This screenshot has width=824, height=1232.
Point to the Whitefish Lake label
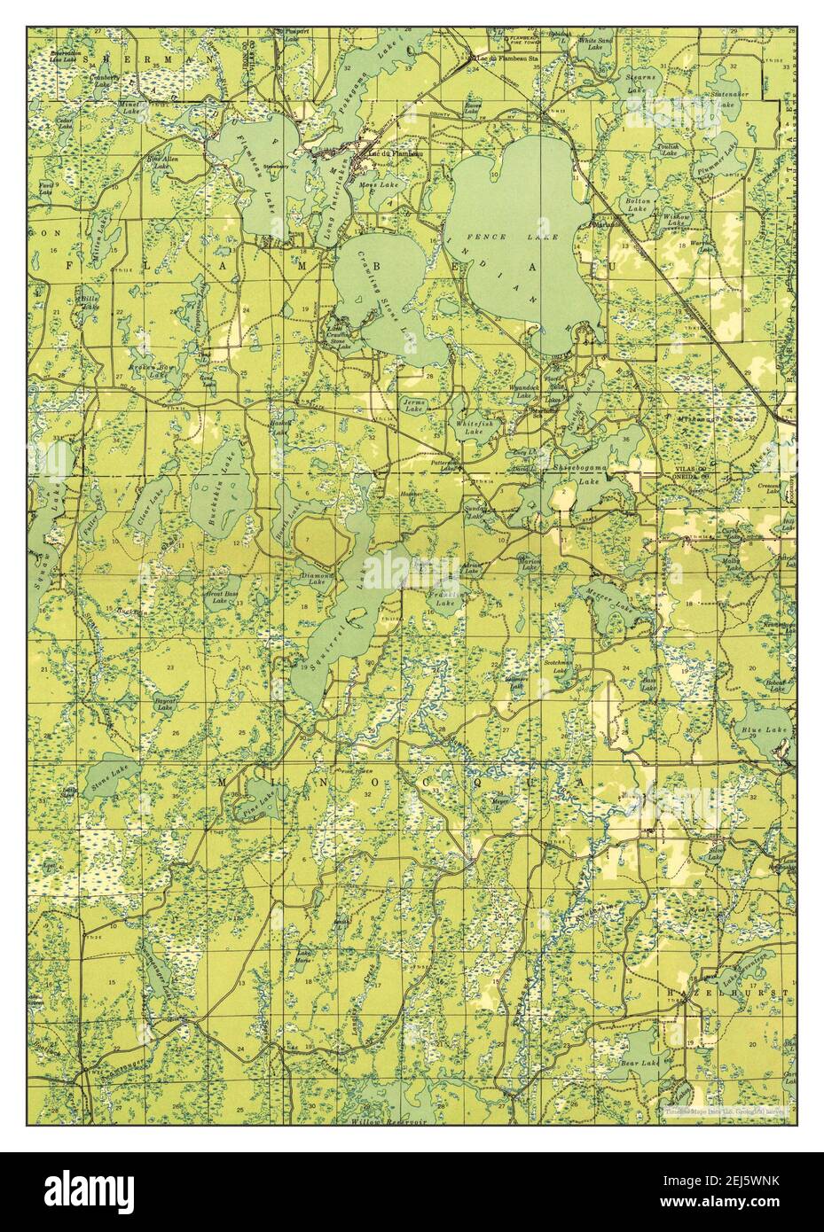(471, 429)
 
